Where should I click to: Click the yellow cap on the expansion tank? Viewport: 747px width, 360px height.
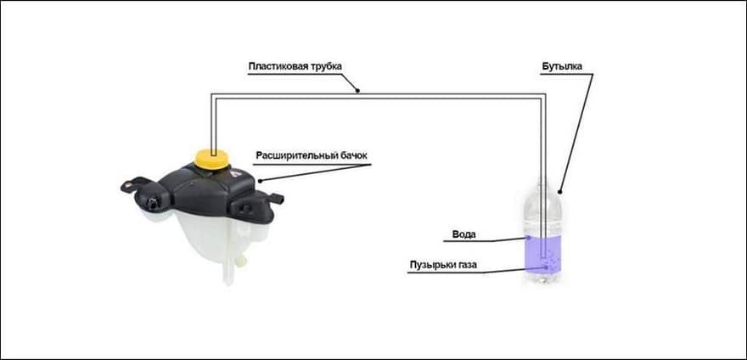(211, 158)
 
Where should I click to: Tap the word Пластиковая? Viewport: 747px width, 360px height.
(273, 66)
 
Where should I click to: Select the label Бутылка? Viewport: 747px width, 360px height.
(562, 67)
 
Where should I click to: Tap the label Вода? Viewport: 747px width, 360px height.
(463, 234)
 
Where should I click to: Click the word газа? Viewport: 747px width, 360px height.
(465, 265)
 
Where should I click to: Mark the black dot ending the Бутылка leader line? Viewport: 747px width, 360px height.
(559, 193)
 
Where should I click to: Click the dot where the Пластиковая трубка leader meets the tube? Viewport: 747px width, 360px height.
(357, 91)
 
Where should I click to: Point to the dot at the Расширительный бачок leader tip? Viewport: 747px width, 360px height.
(260, 181)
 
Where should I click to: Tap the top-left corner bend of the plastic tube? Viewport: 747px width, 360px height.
(213, 96)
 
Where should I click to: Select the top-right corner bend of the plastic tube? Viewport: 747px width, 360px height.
(543, 96)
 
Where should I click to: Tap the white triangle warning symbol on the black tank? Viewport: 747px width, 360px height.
(233, 175)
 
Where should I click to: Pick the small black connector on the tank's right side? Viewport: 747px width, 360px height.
(277, 198)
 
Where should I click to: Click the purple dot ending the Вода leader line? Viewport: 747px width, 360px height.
(528, 237)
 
